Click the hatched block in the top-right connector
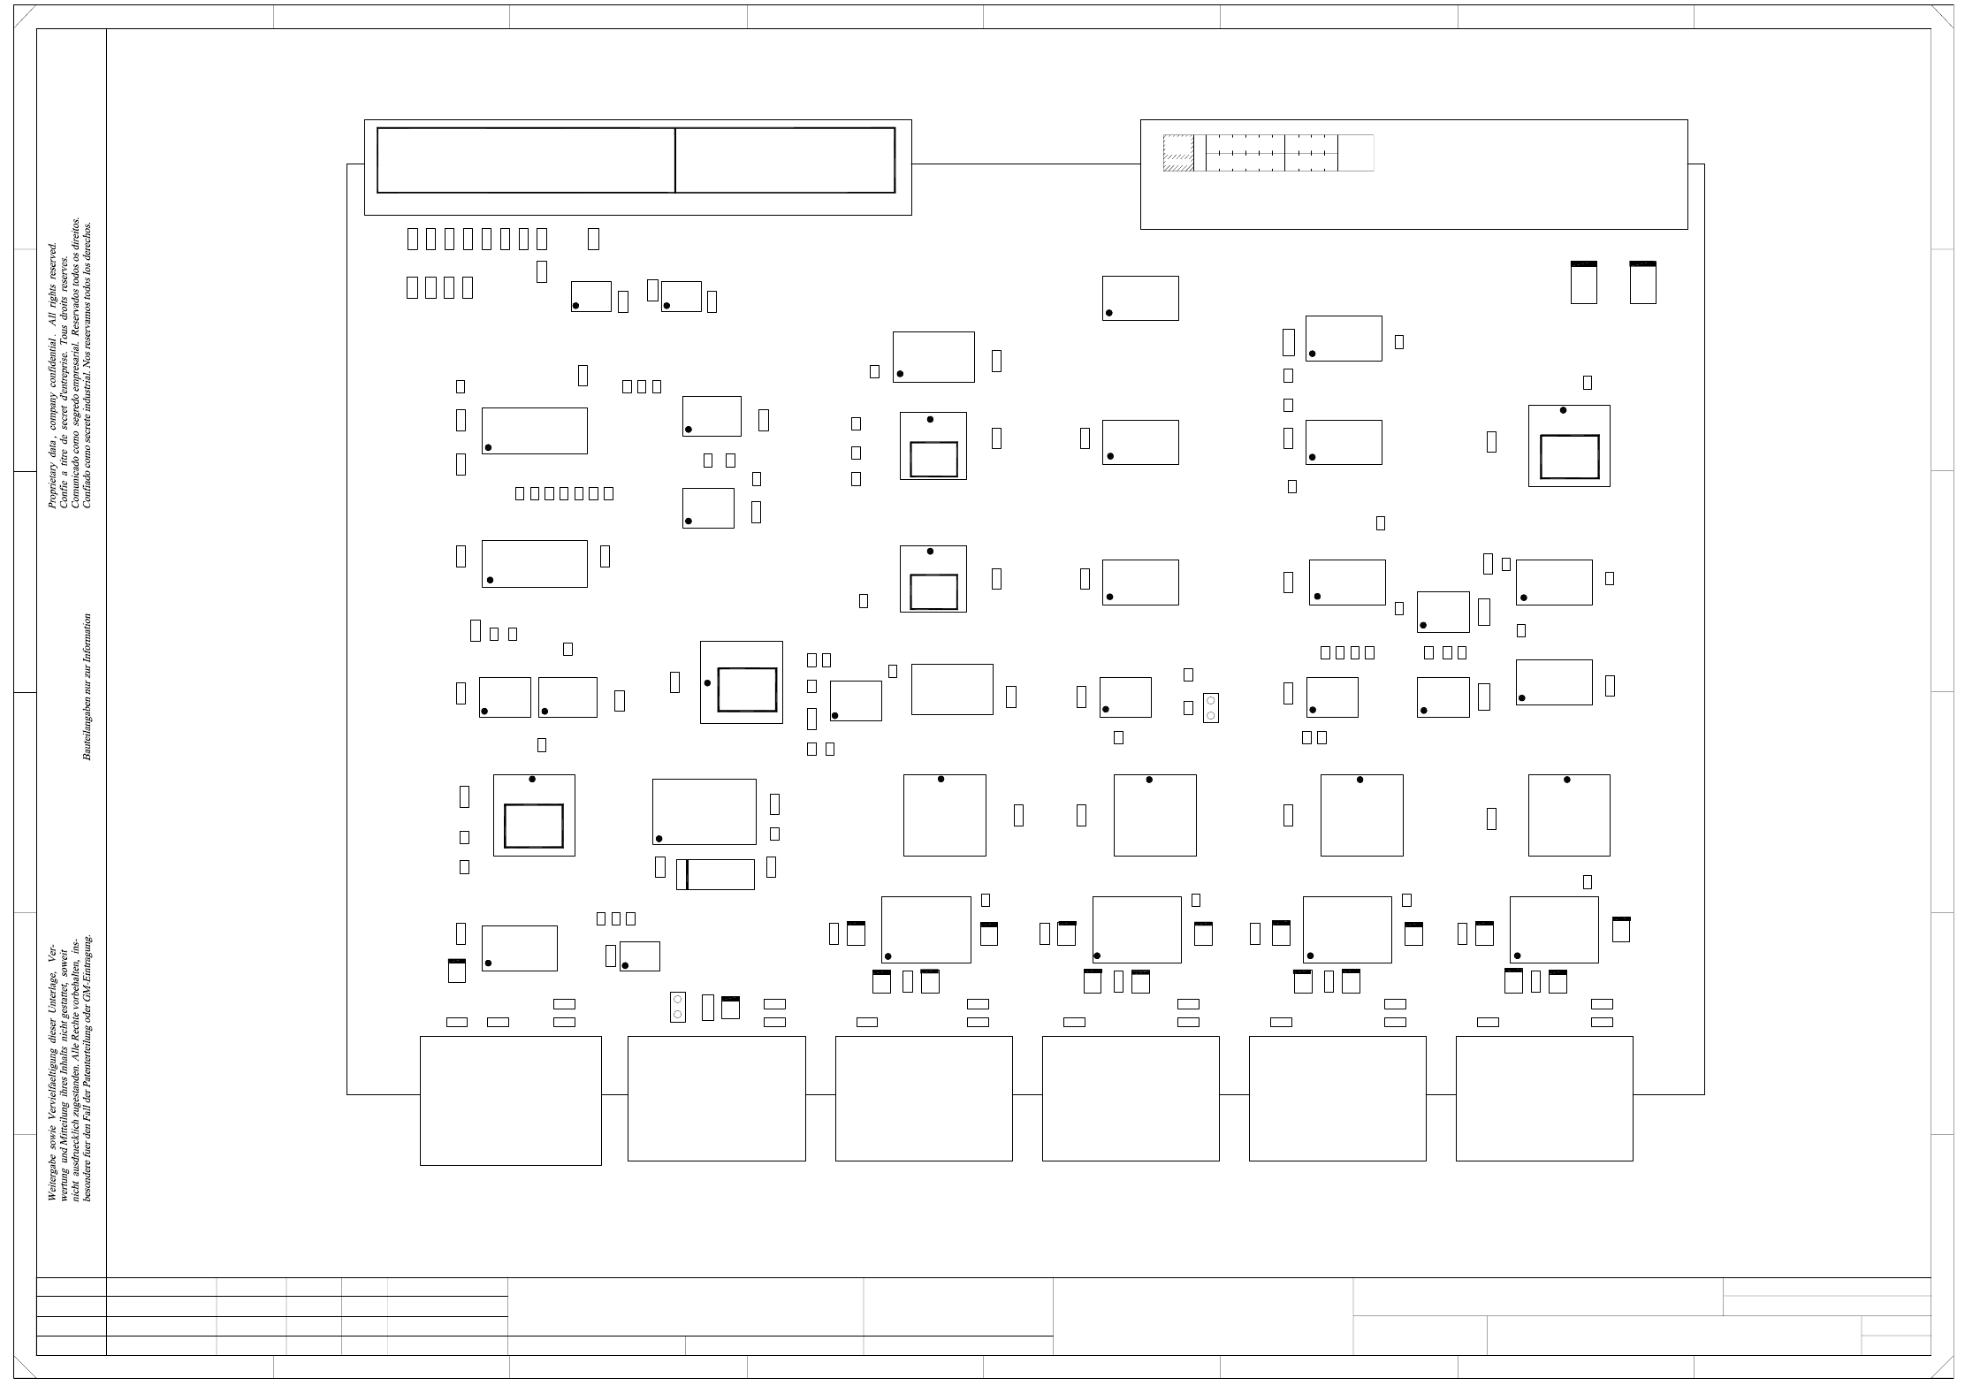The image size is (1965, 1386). [1177, 153]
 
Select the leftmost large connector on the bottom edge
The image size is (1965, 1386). [510, 1100]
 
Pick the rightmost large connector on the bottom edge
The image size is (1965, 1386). [1543, 1098]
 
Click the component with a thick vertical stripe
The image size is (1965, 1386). [715, 874]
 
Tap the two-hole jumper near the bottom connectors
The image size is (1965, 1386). [678, 1008]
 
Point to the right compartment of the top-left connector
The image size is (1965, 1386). [785, 160]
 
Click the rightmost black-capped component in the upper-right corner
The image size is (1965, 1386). [1642, 283]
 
